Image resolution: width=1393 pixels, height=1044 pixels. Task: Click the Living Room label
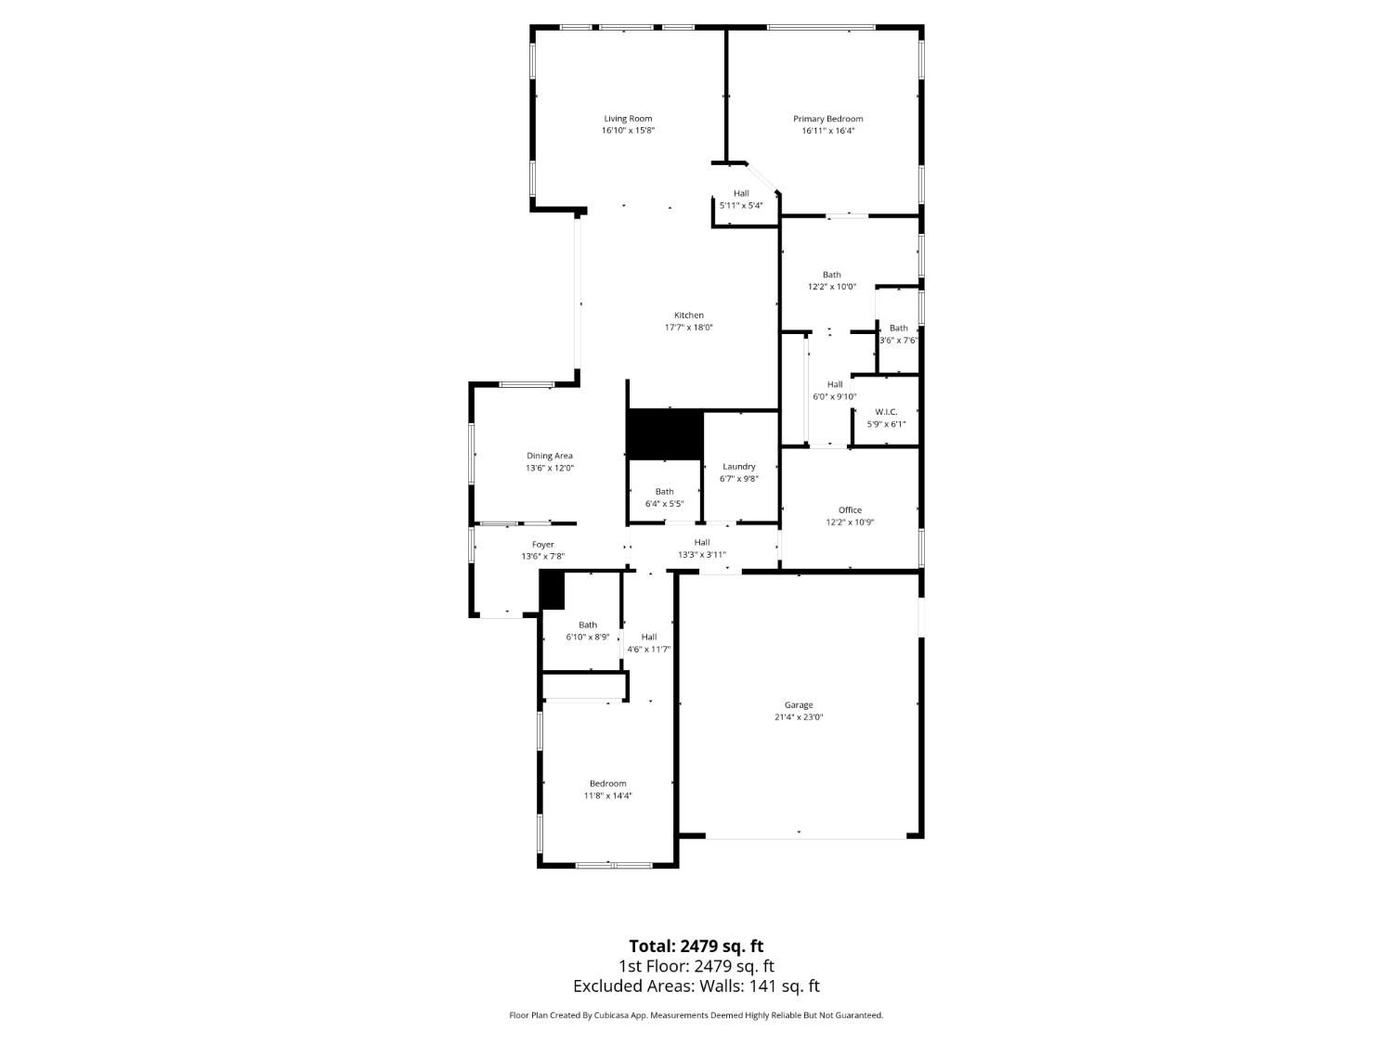pos(628,119)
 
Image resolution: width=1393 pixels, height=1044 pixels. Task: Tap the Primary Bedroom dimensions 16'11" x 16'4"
pos(827,131)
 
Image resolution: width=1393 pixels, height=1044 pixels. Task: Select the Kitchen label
pos(688,315)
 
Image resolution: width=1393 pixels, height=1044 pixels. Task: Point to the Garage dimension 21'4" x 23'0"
pos(799,717)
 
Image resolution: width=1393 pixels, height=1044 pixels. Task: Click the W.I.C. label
pos(886,412)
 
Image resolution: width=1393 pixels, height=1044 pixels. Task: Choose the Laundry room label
pos(738,467)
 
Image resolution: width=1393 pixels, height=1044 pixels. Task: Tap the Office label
pos(850,509)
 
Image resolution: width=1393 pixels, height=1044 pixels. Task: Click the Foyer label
pos(542,545)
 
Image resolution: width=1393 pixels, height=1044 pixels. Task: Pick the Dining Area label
pos(550,456)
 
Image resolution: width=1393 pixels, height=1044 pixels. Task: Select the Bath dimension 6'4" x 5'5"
pos(664,504)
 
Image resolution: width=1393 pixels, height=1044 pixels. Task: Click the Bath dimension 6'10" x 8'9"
pos(588,637)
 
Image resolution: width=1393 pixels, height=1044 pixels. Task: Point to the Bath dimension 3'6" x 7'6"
pos(899,341)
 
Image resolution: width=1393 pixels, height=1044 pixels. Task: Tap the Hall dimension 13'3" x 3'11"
pos(702,555)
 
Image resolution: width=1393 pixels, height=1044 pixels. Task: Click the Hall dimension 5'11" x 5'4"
pos(740,205)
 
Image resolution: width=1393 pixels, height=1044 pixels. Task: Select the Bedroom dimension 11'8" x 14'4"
pos(608,795)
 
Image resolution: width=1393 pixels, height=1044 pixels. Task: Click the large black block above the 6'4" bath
pos(665,434)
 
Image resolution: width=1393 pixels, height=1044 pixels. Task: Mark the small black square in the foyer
pos(553,590)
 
